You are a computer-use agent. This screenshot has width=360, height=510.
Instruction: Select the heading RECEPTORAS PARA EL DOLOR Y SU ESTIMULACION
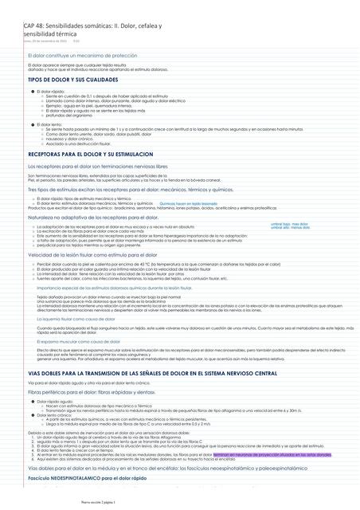click(90, 153)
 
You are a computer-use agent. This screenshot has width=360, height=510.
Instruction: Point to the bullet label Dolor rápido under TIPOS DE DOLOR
click(50, 92)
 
